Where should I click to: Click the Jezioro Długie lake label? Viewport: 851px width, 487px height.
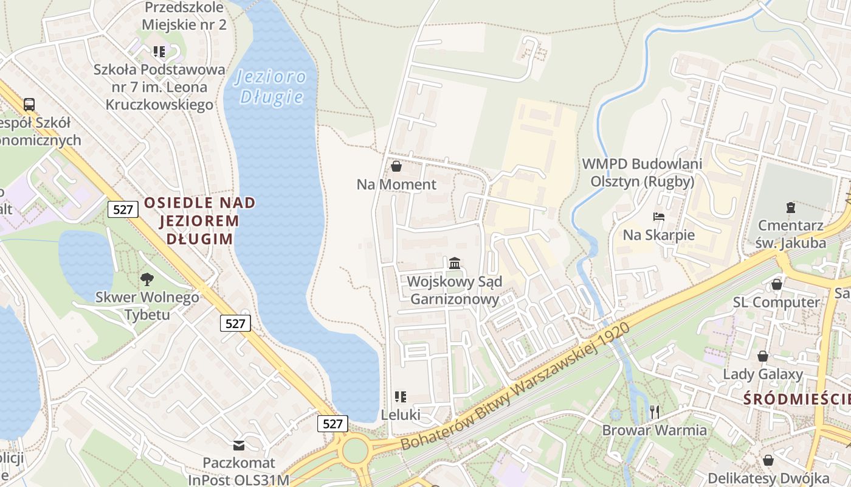tap(271, 86)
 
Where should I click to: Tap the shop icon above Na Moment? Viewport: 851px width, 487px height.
tap(396, 166)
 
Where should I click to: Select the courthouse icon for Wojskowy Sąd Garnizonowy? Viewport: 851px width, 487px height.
tap(455, 263)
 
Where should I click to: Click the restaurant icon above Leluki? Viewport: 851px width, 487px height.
tap(400, 397)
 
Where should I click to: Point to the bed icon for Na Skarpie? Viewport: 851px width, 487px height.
tap(659, 216)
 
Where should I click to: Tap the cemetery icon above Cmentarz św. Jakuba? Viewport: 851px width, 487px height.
tap(790, 208)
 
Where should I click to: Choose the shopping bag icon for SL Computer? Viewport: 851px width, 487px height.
tap(776, 284)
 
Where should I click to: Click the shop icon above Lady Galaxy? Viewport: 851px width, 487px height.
tap(763, 356)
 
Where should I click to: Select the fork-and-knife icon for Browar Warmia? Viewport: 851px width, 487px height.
tap(655, 412)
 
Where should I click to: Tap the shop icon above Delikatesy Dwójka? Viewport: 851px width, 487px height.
tap(768, 460)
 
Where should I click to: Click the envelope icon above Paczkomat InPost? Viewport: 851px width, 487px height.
tap(239, 446)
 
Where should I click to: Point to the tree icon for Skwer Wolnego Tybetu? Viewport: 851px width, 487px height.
tap(146, 279)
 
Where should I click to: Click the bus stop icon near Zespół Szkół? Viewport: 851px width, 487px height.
tap(29, 104)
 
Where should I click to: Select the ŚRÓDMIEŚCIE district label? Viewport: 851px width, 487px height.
tap(796, 399)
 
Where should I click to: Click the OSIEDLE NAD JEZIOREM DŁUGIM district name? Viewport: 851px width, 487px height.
tap(199, 220)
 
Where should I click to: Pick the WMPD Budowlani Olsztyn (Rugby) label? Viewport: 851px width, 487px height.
tap(643, 172)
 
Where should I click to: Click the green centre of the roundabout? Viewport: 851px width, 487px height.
tap(355, 451)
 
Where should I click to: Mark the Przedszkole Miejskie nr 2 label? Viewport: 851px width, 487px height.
tap(184, 16)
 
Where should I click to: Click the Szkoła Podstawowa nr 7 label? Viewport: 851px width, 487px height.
tap(159, 86)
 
